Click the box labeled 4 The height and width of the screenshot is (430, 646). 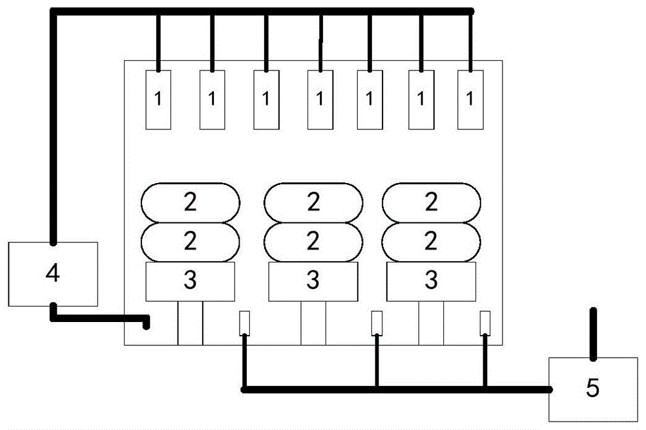coord(53,274)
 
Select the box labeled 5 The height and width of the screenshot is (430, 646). coord(592,389)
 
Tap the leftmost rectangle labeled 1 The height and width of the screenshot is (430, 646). coord(158,99)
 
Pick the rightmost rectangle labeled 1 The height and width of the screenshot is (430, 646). coord(470,99)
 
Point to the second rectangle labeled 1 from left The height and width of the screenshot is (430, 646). coord(212,99)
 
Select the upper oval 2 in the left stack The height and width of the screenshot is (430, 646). coord(190,202)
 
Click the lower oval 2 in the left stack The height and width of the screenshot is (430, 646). coord(190,242)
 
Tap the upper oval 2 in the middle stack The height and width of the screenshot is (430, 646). coord(313,202)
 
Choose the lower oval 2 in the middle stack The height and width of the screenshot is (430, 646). coord(313,242)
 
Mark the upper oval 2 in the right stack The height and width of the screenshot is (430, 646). coord(432,202)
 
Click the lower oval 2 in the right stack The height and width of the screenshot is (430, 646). coord(432,242)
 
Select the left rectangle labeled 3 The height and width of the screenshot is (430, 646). coord(190,281)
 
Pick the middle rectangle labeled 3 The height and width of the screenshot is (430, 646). coord(313,281)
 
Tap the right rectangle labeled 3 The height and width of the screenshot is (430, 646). coord(432,281)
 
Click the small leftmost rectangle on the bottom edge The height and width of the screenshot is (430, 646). coord(244,322)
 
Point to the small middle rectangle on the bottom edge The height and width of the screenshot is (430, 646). coord(377,322)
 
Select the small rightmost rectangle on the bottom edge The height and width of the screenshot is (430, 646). coord(484,322)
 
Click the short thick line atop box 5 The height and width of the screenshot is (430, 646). coord(593,333)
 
